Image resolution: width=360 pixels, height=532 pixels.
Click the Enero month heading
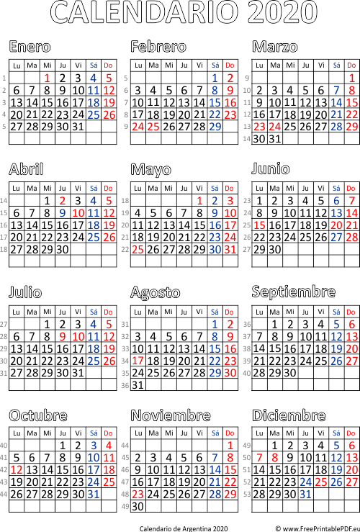[x=30, y=47]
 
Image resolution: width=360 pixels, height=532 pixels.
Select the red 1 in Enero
[x=48, y=78]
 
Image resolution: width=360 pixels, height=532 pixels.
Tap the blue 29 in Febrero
[x=215, y=127]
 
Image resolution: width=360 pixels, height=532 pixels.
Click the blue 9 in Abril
[x=62, y=213]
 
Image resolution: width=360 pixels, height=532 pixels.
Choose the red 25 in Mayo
[x=138, y=250]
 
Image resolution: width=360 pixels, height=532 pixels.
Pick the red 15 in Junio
[x=260, y=225]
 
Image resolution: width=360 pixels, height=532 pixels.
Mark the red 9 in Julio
[x=62, y=337]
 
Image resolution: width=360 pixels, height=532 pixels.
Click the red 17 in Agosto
[x=138, y=361]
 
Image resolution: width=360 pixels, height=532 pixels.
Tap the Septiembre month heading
[x=294, y=292]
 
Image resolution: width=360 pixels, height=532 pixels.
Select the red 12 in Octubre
[x=17, y=470]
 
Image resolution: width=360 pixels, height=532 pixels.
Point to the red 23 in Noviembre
[x=138, y=495]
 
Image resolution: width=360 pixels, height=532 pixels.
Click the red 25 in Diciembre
[x=321, y=482]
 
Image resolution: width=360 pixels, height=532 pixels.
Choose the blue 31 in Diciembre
[x=305, y=495]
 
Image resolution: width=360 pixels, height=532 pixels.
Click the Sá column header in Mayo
[x=215, y=189]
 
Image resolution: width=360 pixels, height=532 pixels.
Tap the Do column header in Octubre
[x=108, y=433]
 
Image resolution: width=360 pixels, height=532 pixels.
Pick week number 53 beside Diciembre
[x=247, y=495]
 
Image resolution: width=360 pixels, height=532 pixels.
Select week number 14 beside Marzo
[x=247, y=139]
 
